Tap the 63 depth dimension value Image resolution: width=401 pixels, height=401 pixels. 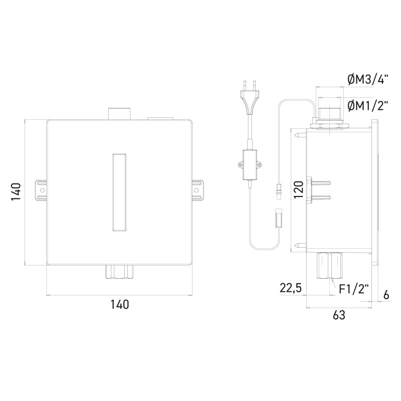click(339, 315)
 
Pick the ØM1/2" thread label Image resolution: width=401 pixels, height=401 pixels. click(368, 105)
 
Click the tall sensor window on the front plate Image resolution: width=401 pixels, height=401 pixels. click(119, 192)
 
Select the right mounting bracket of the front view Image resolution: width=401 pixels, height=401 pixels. click(198, 190)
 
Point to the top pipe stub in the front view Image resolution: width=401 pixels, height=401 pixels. click(119, 113)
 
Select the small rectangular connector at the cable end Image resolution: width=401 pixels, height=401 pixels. click(280, 220)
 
